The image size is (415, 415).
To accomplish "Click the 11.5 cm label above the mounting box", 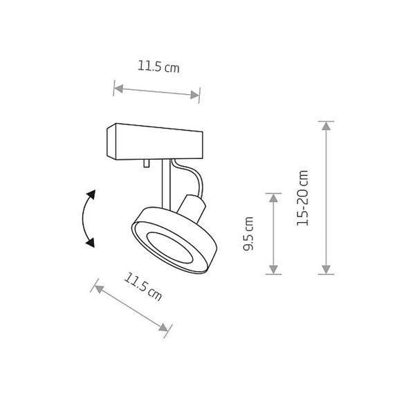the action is [158, 66].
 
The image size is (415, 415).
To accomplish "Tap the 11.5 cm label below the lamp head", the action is [143, 286].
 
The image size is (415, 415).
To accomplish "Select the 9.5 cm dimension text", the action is [248, 234].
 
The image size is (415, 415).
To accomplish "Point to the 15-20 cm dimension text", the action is [302, 198].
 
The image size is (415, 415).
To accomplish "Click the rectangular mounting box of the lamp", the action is [155, 142].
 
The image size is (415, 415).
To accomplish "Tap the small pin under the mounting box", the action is [146, 163].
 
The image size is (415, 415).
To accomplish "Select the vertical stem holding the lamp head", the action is [167, 185].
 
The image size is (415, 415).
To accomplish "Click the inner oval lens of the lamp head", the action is [169, 248].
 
